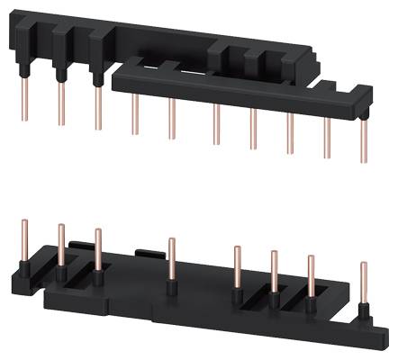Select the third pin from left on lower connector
pyautogui.click(x=98, y=251)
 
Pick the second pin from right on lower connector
pyautogui.click(x=312, y=279)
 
